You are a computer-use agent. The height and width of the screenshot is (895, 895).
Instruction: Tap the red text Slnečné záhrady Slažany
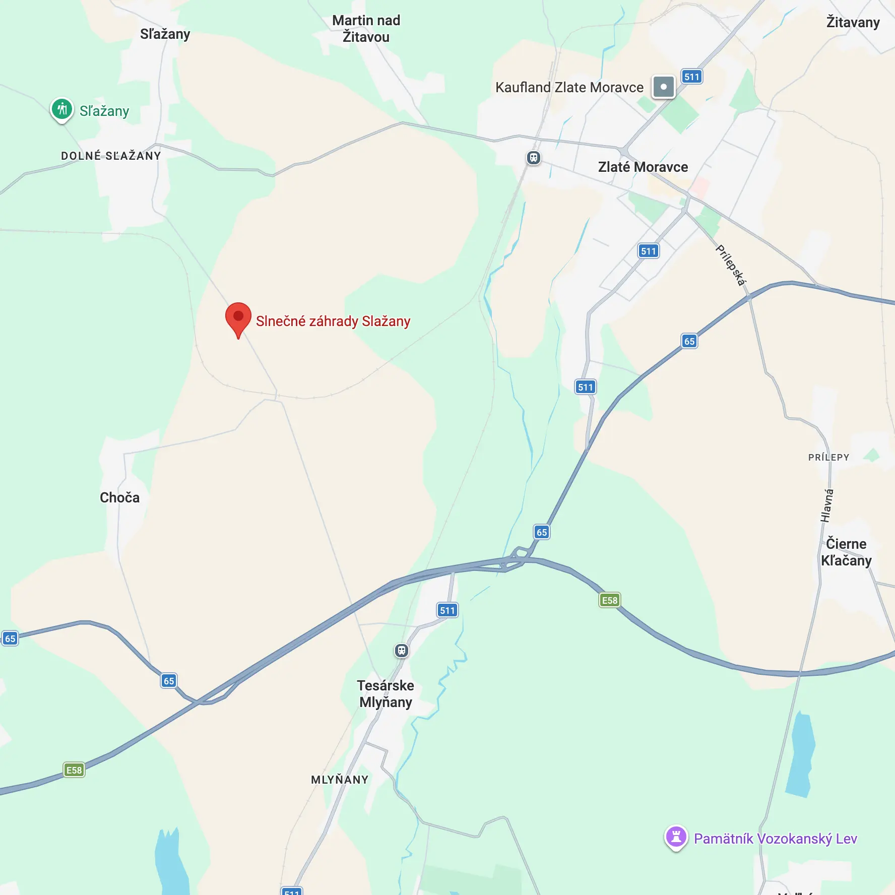333,321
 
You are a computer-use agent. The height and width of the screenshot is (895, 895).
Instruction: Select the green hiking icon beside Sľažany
62,109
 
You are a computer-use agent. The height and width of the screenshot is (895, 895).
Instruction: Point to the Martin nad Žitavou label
366,28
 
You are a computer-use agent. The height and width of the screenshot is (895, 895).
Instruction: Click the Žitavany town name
853,22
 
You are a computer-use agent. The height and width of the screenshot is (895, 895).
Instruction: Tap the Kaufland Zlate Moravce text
569,87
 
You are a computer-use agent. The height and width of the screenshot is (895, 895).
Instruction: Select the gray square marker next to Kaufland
663,87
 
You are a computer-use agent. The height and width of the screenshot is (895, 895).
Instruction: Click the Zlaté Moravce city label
643,167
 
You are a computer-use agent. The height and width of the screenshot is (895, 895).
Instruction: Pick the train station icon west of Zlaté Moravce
533,158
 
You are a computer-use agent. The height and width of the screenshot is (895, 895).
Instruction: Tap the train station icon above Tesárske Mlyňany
401,651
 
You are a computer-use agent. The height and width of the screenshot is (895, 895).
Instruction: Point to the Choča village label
119,497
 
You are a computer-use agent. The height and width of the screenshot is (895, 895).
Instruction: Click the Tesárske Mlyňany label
386,693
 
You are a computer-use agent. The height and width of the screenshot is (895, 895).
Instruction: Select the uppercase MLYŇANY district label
340,780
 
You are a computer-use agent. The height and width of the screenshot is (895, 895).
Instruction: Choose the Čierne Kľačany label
846,552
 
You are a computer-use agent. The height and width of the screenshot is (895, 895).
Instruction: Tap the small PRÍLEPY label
828,457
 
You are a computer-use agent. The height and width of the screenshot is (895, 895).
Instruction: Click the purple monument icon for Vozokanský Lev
676,837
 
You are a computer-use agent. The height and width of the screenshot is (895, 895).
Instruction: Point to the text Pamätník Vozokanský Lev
775,839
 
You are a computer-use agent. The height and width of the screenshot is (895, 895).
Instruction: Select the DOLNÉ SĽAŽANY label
111,156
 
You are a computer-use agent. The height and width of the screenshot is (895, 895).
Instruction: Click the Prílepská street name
731,265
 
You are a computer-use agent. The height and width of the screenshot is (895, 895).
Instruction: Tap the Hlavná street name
826,505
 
